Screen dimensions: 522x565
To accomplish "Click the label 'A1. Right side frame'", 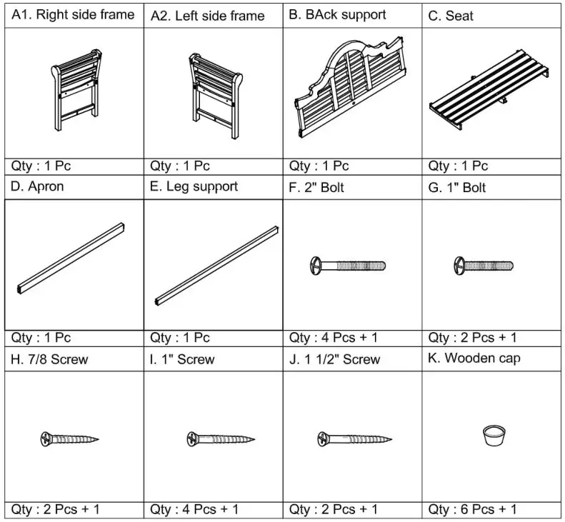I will point(73,15).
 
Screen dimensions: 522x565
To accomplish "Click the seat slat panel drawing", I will point(489,99).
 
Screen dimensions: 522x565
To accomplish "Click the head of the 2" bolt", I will point(314,266).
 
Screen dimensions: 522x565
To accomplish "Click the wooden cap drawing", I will point(492,434).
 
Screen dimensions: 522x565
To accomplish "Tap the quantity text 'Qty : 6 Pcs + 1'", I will point(472,509).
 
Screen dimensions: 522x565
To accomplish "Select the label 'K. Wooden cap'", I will point(474,358).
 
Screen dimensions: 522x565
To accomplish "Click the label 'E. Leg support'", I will point(194,187).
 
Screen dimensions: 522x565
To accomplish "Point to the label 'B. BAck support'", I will point(337,15).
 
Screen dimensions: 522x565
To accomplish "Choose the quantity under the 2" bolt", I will point(333,338).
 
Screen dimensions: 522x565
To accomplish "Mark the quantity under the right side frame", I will point(41,166).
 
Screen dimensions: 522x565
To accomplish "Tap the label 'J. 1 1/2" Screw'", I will point(334,359).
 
